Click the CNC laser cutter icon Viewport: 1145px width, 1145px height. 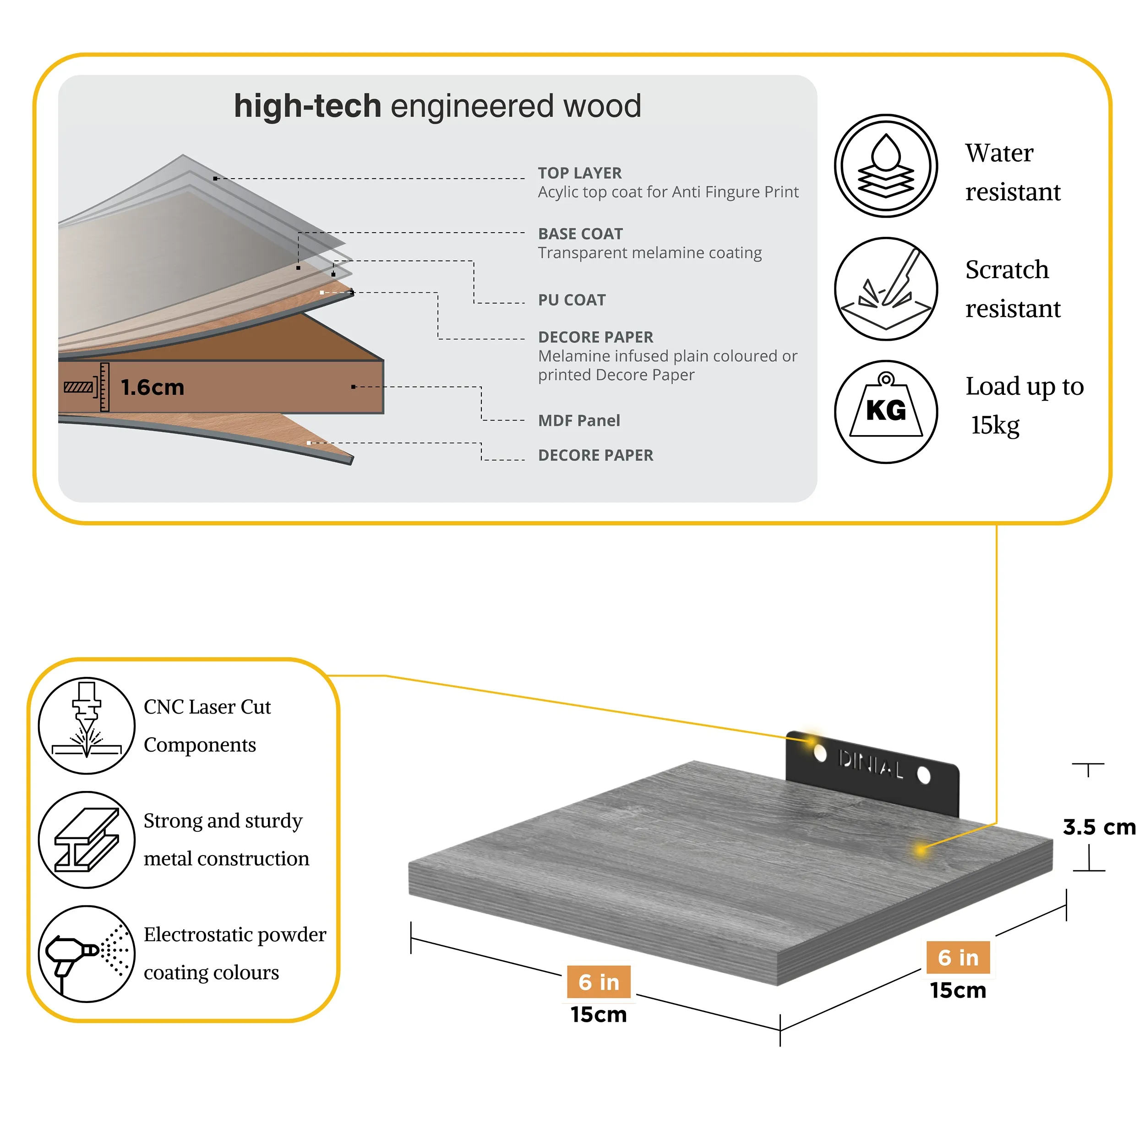87,725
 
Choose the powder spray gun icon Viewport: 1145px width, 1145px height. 87,954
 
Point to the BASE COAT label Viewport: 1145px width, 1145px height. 580,234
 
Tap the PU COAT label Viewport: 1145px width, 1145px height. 571,300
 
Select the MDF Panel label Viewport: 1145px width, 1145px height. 578,421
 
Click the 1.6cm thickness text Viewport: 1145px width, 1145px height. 153,387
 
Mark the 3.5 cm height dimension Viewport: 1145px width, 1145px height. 1098,827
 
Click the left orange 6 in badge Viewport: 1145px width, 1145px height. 598,982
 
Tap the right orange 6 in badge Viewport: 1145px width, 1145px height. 958,957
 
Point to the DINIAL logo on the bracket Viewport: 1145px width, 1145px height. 871,764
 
